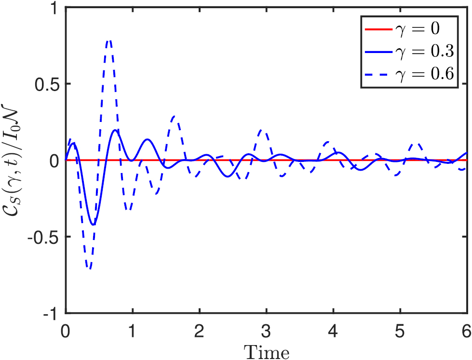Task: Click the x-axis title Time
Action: [266, 351]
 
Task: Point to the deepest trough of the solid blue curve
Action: [94, 225]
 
